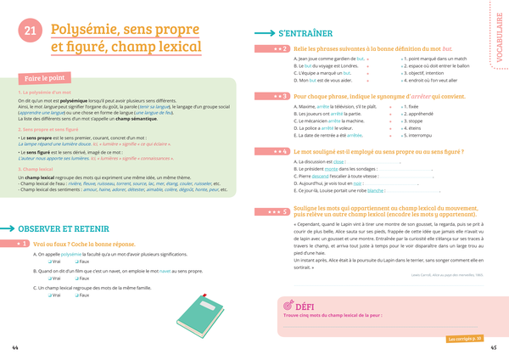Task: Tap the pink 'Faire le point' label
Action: pyautogui.click(x=39, y=75)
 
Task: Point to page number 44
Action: pyautogui.click(x=14, y=348)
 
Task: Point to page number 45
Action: pyautogui.click(x=494, y=348)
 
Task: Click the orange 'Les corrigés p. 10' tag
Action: pyautogui.click(x=465, y=338)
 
